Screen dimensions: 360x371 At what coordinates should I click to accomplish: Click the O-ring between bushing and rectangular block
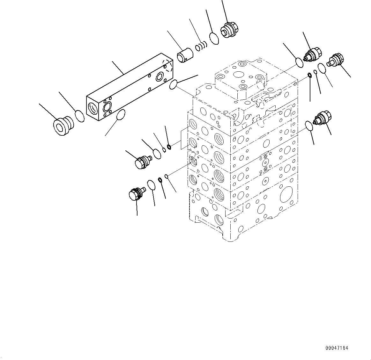[80, 116]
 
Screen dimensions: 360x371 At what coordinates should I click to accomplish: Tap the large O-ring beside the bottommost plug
[151, 184]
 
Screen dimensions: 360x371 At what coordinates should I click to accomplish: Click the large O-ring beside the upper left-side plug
[157, 153]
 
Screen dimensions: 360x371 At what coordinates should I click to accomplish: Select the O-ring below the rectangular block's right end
[173, 84]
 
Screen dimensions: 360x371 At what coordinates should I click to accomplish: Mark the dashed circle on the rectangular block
[167, 66]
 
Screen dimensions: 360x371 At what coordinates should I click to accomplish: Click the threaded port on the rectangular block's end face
[93, 109]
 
